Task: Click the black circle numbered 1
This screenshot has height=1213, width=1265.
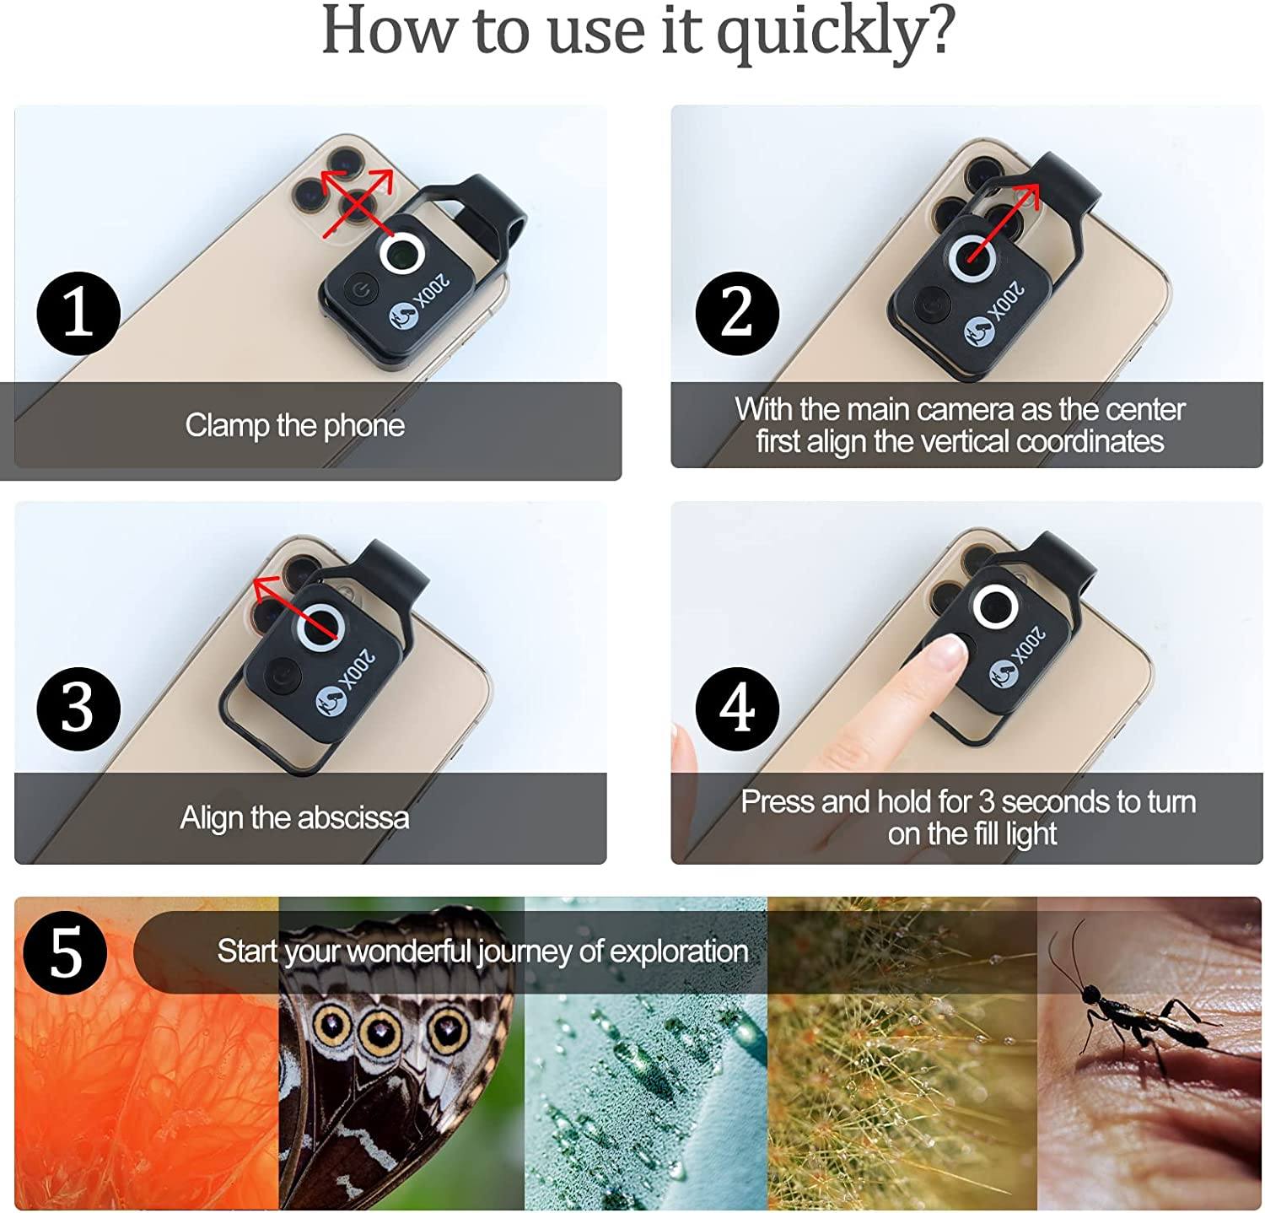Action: (78, 314)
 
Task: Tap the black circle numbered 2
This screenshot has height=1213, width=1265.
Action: (736, 314)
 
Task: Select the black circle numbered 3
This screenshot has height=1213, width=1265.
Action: (78, 709)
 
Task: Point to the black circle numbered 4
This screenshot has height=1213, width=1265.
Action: (736, 709)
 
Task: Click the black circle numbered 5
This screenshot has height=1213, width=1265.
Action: (65, 953)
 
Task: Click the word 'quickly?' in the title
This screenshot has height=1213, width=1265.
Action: (835, 32)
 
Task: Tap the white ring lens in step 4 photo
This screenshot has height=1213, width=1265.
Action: (996, 607)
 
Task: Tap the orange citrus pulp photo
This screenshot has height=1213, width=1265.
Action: (143, 1097)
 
